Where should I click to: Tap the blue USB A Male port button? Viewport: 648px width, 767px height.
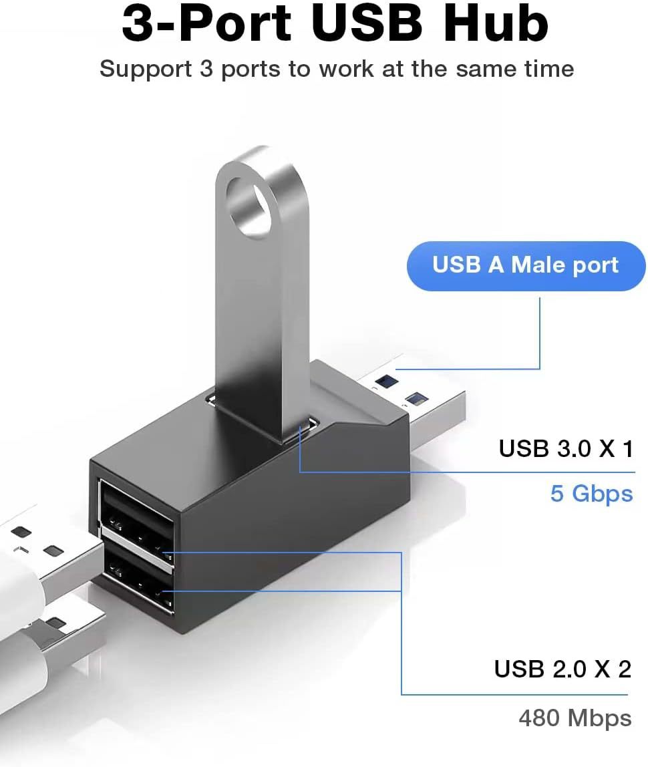[x=526, y=265]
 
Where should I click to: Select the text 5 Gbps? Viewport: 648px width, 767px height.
[x=591, y=494]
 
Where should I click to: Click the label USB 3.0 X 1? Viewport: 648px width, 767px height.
[x=565, y=448]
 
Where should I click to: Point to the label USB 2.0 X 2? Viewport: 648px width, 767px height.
[x=562, y=669]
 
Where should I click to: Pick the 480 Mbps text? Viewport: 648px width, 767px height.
[x=575, y=718]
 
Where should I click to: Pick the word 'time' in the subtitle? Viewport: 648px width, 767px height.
[x=548, y=69]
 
